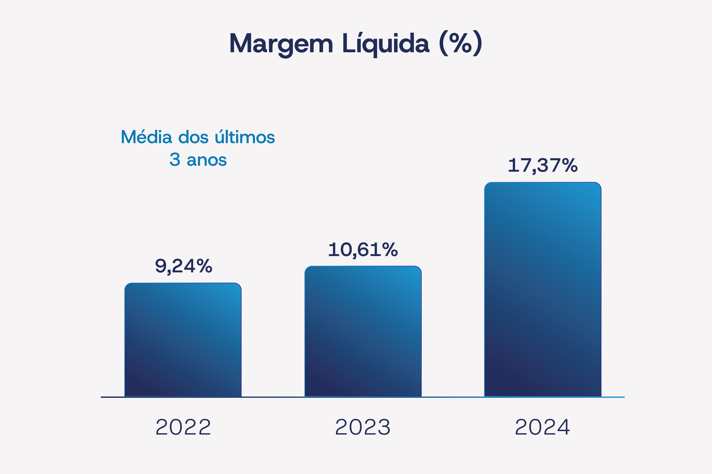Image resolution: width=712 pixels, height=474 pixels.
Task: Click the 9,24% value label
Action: click(x=183, y=266)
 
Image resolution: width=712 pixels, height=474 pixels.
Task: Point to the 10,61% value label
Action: click(x=363, y=250)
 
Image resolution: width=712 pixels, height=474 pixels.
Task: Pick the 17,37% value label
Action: click(x=543, y=166)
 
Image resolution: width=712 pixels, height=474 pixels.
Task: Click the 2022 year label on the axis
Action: click(x=183, y=427)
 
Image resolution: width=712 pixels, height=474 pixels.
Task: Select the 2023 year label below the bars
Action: click(x=363, y=427)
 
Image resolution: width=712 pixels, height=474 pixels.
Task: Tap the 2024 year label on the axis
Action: click(x=543, y=427)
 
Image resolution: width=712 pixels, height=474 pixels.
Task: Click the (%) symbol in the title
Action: click(x=460, y=43)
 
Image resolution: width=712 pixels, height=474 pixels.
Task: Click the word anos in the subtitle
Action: click(x=207, y=160)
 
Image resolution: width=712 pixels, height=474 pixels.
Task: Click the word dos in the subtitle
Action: click(x=193, y=137)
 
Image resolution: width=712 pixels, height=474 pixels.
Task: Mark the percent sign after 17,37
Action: click(x=569, y=165)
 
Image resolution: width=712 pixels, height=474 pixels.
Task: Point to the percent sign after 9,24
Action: click(x=204, y=266)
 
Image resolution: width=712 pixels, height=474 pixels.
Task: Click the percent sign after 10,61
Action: click(x=390, y=250)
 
